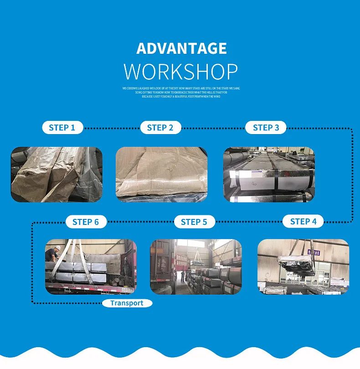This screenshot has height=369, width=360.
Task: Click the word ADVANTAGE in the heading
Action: click(181, 48)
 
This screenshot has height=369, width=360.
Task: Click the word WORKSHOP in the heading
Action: click(181, 72)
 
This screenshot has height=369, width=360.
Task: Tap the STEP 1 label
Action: click(62, 128)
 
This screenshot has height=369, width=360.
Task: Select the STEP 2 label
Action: click(160, 128)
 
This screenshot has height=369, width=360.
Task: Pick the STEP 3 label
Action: click(266, 128)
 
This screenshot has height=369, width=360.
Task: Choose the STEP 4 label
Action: click(303, 222)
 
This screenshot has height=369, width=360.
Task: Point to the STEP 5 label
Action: click(194, 222)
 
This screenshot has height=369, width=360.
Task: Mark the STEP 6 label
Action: click(85, 222)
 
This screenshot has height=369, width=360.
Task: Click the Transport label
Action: click(126, 303)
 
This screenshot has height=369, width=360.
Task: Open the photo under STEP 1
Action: click(57, 174)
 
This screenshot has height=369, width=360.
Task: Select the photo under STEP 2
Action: click(161, 174)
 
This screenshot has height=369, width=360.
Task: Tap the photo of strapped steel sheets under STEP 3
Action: click(269, 174)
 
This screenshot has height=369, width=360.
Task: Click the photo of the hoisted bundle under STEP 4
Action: click(303, 267)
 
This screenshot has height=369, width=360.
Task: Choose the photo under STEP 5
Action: click(196, 267)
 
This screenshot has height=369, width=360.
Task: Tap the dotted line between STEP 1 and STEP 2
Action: click(112, 128)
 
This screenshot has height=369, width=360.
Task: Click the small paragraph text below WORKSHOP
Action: click(181, 92)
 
